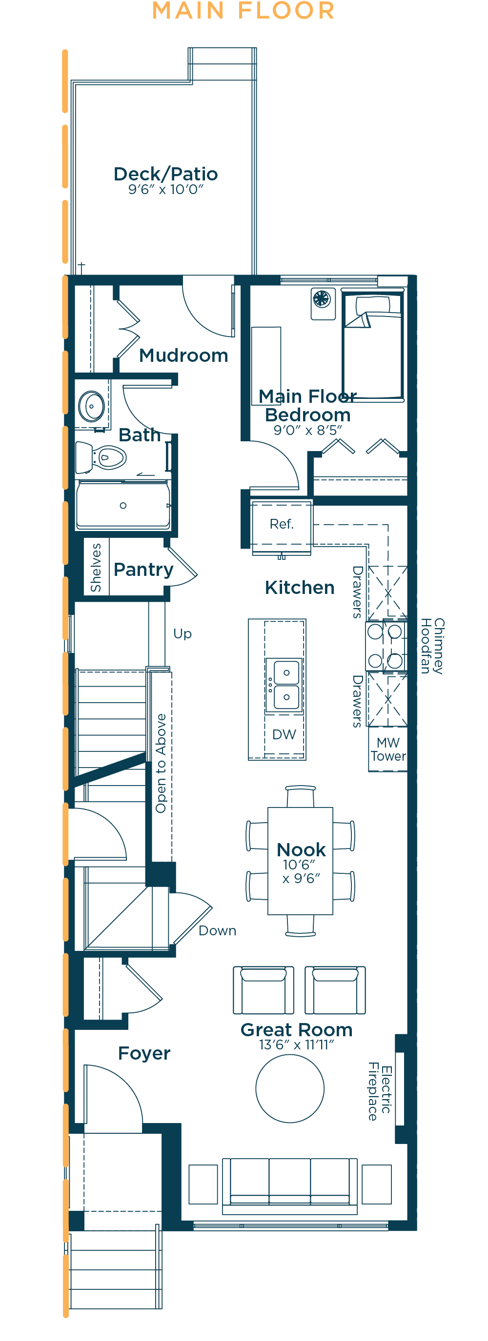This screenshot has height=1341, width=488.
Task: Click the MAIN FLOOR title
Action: (x=243, y=11)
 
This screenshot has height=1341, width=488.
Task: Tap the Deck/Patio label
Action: (x=165, y=174)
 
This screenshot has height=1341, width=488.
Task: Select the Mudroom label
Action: (x=184, y=355)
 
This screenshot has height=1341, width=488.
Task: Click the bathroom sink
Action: (x=92, y=406)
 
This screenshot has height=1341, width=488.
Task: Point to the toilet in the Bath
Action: (x=101, y=457)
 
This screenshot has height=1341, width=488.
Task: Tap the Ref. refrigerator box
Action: (x=282, y=524)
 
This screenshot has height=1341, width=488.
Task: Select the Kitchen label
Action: (x=300, y=588)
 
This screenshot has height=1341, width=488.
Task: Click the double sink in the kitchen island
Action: (x=285, y=685)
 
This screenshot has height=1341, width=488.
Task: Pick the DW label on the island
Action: (x=284, y=734)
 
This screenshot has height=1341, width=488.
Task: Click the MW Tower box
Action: (x=387, y=749)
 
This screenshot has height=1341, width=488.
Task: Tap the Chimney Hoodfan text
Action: (x=432, y=646)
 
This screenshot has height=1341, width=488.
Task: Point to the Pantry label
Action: (x=143, y=570)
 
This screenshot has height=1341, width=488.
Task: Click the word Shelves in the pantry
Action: (x=96, y=568)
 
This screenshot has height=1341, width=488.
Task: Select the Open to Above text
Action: (x=161, y=763)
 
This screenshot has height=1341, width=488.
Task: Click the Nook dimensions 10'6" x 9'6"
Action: (x=301, y=871)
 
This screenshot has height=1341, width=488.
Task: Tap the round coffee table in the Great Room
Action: (x=290, y=1088)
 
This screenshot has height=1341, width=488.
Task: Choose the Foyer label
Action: (x=144, y=1054)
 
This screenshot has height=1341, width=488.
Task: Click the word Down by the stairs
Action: (x=218, y=930)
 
